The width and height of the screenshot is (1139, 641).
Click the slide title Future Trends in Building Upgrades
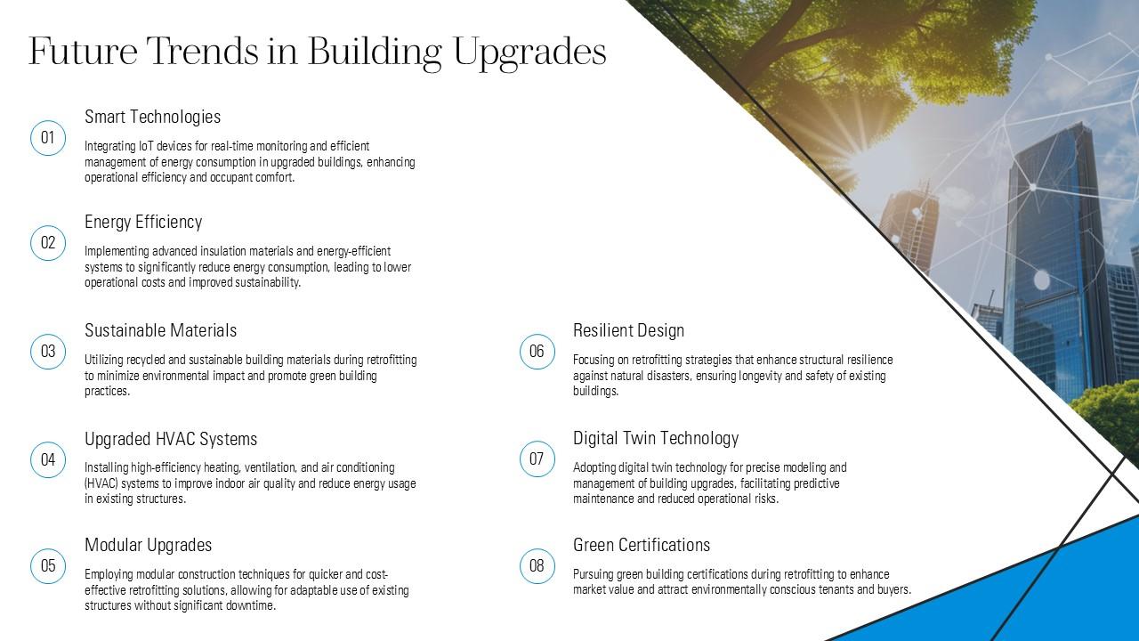(x=317, y=52)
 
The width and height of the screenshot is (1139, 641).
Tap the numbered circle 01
(x=48, y=138)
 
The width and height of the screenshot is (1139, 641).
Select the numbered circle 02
(x=48, y=243)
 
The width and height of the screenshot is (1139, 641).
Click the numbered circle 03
(x=48, y=352)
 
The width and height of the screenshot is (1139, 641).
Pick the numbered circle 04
(x=48, y=459)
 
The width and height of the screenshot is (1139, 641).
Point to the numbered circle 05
(x=48, y=566)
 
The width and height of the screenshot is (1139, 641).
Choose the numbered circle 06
(x=537, y=352)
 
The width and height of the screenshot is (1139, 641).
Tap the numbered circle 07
(x=537, y=459)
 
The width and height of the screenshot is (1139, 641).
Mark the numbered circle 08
(x=537, y=566)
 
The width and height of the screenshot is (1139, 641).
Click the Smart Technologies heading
(x=152, y=117)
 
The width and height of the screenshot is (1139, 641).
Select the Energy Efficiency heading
(x=143, y=222)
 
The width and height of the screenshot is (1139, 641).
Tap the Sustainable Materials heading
(x=160, y=330)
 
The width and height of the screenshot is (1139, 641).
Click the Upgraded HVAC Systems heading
(x=171, y=439)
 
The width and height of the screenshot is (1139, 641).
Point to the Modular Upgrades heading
(x=148, y=545)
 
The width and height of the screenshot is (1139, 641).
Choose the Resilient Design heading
(x=628, y=330)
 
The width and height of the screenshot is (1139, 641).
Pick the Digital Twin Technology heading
(x=656, y=438)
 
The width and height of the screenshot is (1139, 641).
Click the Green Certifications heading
(x=642, y=545)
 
